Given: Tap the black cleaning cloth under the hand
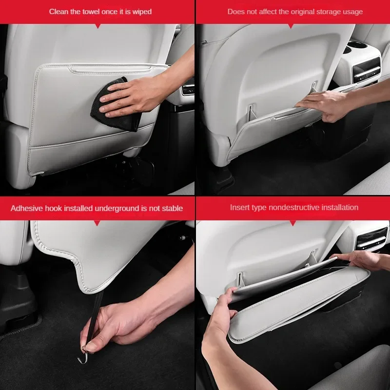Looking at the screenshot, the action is (x=115, y=107).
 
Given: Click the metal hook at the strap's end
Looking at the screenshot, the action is (x=83, y=355).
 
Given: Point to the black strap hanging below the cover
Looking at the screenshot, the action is (x=96, y=316).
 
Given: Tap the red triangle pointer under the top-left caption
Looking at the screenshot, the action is (x=98, y=26).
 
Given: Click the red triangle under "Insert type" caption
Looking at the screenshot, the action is (x=293, y=223).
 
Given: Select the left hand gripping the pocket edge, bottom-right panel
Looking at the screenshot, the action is (x=219, y=313).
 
